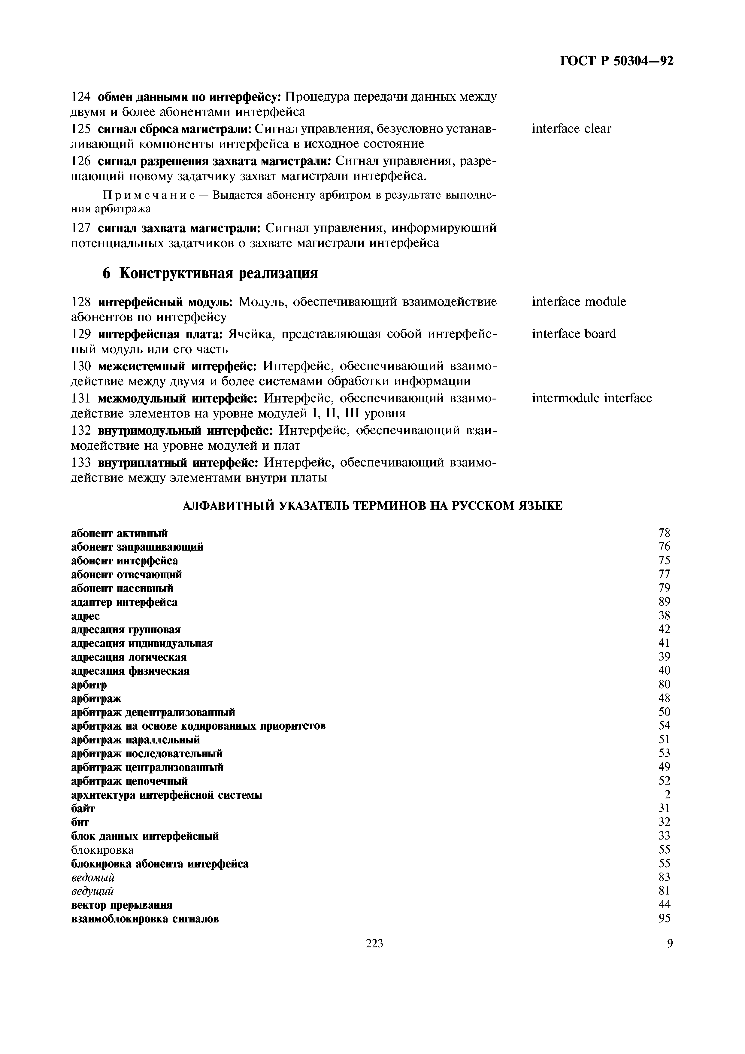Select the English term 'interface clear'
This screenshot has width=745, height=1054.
[571, 129]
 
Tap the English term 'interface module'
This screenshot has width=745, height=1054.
[578, 302]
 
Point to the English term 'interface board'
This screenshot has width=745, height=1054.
[574, 334]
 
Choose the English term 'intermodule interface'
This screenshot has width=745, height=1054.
[592, 398]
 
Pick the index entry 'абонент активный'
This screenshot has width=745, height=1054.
[119, 533]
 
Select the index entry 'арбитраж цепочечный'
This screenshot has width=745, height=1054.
[129, 781]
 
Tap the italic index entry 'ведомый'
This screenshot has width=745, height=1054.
[93, 878]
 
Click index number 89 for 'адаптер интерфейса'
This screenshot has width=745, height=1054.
[664, 602]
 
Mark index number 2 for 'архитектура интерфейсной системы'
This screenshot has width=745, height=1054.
[667, 795]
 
